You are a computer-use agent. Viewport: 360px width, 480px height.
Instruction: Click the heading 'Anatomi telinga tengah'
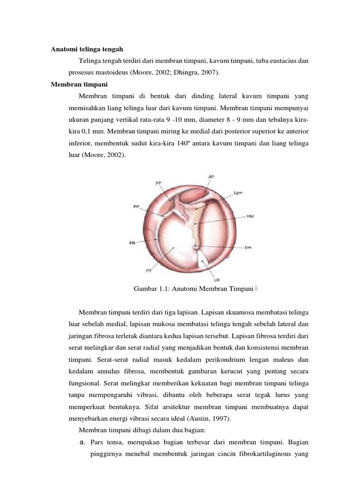click(87, 49)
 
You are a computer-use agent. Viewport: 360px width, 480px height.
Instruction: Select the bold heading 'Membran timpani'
click(79, 84)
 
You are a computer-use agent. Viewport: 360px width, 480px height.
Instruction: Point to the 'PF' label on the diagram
click(158, 184)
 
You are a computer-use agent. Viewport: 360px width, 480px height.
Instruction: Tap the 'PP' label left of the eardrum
click(136, 206)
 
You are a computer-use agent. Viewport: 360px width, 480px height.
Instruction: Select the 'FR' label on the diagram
click(132, 243)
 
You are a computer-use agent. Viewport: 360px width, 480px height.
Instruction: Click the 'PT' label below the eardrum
click(149, 270)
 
